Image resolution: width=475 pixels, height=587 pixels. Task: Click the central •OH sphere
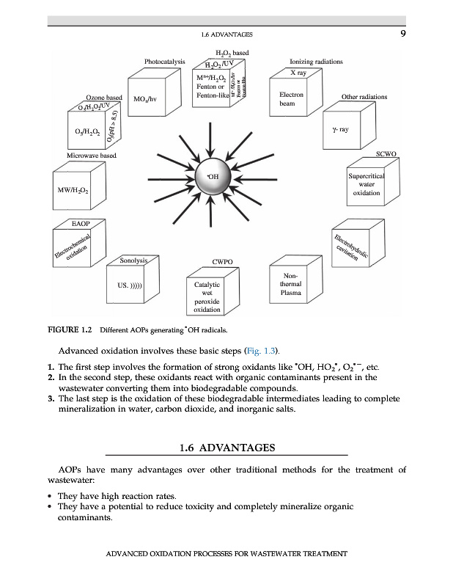coord(214,178)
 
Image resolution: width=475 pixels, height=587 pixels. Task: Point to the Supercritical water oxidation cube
coord(366,185)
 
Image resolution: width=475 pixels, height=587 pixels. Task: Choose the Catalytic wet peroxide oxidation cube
coord(207,296)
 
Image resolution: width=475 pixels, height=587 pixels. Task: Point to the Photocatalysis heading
coord(165,62)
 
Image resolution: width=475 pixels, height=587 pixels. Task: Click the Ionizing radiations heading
coord(316,62)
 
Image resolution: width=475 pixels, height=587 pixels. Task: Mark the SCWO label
coord(386,154)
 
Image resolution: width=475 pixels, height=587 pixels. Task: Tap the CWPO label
coord(222,261)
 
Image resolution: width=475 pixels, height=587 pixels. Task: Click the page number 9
coord(402,33)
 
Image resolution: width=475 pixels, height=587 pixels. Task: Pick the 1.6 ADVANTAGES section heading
coord(227,447)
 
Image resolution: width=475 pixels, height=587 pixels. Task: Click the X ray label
coord(298,73)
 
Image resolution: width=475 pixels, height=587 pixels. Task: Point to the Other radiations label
coord(364,97)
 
